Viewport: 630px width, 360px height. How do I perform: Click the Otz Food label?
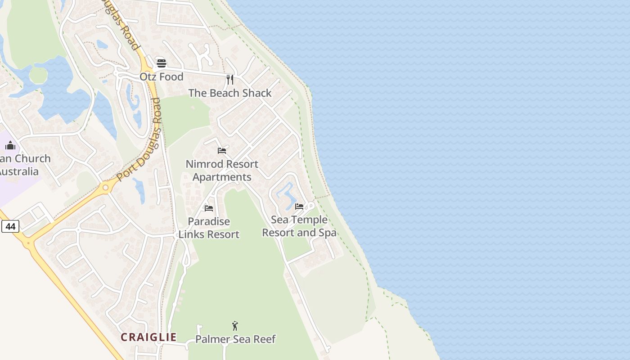tap(162, 77)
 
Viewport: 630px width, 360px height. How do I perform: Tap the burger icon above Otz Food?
tap(162, 63)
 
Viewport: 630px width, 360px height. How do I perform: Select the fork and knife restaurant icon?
tap(230, 80)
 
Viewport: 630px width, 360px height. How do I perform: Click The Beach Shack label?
tap(230, 93)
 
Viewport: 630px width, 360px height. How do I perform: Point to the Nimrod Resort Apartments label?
tap(222, 171)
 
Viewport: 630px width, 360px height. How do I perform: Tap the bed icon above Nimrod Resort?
tap(222, 150)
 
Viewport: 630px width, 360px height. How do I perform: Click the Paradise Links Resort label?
tap(209, 228)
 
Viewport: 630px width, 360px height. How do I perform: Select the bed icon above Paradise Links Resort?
tap(209, 208)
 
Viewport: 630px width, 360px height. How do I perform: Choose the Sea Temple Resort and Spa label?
tap(299, 226)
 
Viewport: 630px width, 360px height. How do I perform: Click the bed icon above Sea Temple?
tap(299, 207)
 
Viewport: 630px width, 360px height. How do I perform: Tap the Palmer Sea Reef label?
tap(235, 339)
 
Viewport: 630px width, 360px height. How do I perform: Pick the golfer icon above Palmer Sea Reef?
tap(235, 326)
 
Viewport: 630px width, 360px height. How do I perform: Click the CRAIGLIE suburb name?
tap(148, 337)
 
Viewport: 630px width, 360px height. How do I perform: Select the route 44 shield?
tap(10, 226)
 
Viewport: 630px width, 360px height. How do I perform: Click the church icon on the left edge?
tap(10, 145)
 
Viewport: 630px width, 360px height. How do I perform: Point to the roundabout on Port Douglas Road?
tap(106, 187)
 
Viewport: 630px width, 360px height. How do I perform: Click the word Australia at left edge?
tap(19, 171)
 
